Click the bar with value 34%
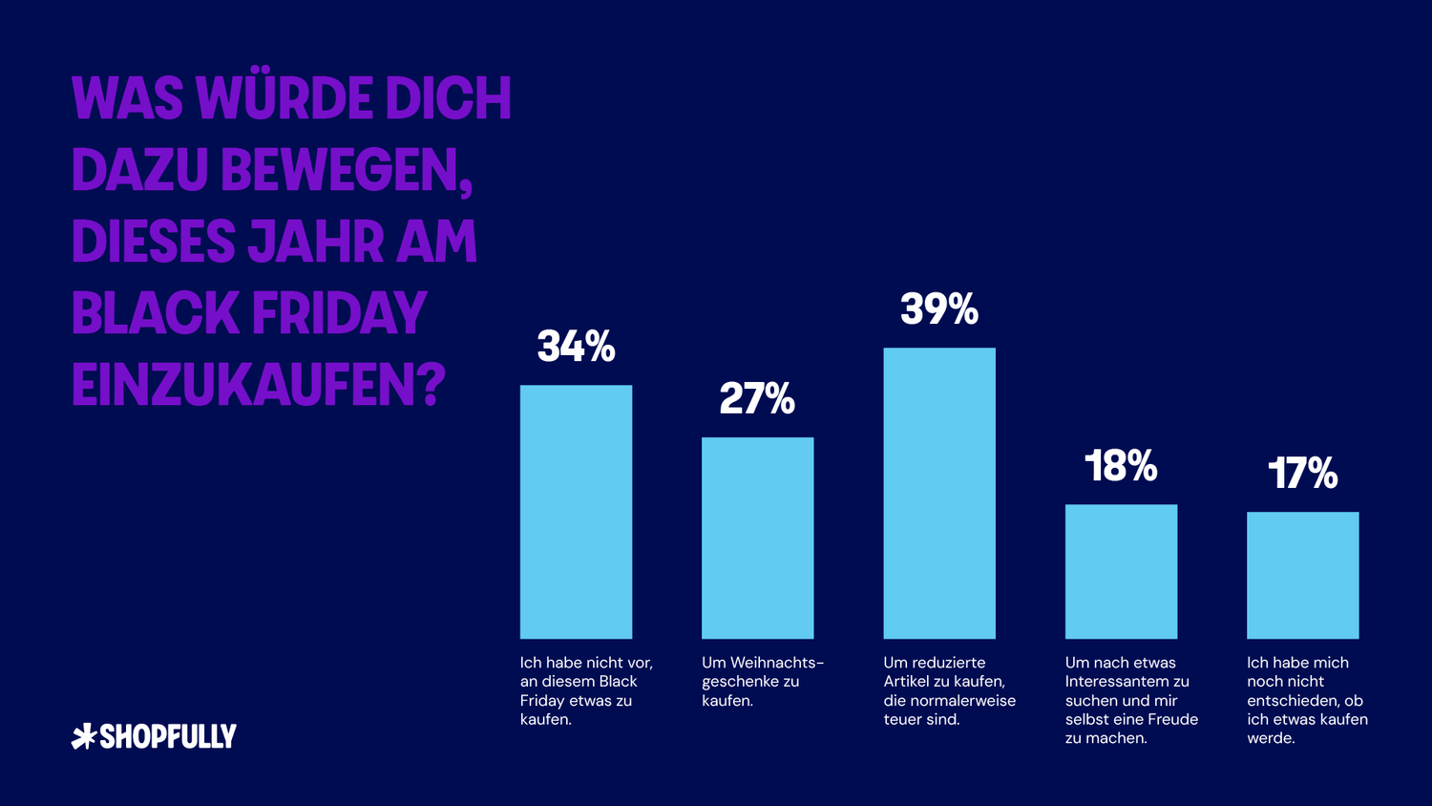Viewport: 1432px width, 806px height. pyautogui.click(x=576, y=512)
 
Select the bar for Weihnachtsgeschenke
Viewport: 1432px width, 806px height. pyautogui.click(x=757, y=538)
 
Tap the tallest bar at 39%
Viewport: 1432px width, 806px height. pyautogui.click(x=939, y=493)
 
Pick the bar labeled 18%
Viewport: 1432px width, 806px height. pyautogui.click(x=1121, y=571)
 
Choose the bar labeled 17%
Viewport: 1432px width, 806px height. pyautogui.click(x=1302, y=575)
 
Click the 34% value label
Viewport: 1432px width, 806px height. pyautogui.click(x=576, y=347)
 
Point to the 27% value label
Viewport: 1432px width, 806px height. pyautogui.click(x=757, y=399)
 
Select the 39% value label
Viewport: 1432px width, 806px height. pyautogui.click(x=939, y=309)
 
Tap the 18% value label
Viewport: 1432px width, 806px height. pyautogui.click(x=1121, y=466)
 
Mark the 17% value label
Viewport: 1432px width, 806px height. pyautogui.click(x=1302, y=474)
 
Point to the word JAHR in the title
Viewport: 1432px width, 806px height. pyautogui.click(x=315, y=242)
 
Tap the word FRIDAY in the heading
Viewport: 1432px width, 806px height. pyautogui.click(x=338, y=313)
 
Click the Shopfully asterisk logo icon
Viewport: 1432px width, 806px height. pyautogui.click(x=84, y=736)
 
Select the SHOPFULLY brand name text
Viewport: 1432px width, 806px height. pyautogui.click(x=168, y=736)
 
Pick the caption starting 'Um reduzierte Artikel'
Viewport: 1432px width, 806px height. pyautogui.click(x=949, y=690)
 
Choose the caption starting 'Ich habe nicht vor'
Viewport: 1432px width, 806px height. pyautogui.click(x=585, y=690)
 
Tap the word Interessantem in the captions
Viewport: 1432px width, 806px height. pyautogui.click(x=1127, y=681)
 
